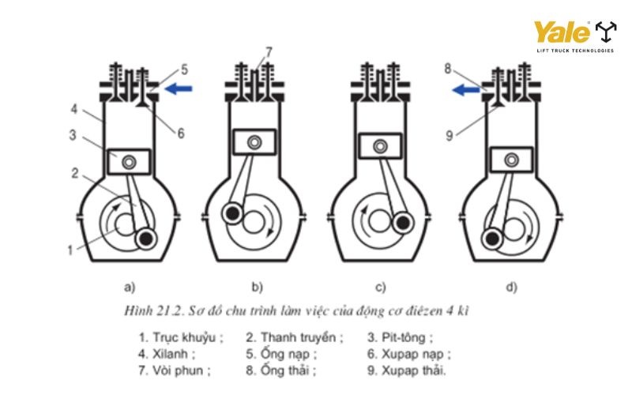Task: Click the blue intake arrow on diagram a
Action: tap(179, 90)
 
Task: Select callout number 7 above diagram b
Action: tap(269, 52)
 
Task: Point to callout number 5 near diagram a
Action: tap(183, 69)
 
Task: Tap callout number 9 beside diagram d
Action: tap(449, 135)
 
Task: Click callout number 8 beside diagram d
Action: tap(447, 69)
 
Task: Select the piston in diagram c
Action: tap(380, 146)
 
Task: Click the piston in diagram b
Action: tap(254, 142)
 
